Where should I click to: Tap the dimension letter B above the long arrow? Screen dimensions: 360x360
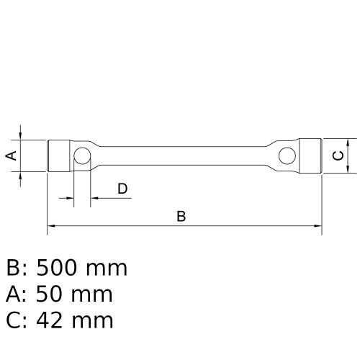[181, 216]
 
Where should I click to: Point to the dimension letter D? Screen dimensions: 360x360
[122, 189]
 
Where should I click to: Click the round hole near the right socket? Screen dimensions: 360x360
[287, 155]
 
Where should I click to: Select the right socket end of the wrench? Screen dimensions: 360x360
[310, 155]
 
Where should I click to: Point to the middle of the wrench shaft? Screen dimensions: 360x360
[184, 155]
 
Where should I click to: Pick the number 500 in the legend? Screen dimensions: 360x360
[57, 269]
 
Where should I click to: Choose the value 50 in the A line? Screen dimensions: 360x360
[49, 294]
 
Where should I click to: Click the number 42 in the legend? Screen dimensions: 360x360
[49, 320]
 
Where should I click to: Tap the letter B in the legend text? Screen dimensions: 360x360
[14, 269]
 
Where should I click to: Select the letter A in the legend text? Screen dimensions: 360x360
[14, 294]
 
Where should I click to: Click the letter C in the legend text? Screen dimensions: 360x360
[14, 320]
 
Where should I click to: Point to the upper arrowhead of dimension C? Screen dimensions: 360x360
[348, 142]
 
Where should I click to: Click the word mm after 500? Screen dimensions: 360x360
[107, 269]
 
